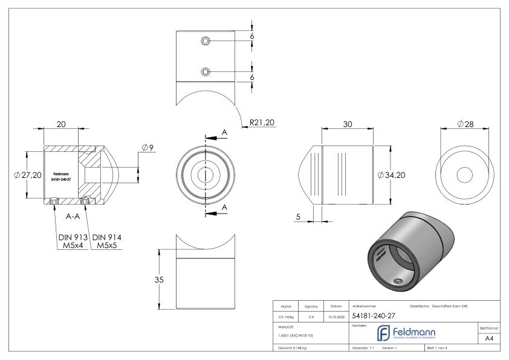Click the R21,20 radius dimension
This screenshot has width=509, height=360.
[261, 123]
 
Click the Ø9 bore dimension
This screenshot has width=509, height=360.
[148, 147]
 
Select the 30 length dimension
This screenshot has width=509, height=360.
[347, 124]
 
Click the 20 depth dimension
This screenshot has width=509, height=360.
[60, 124]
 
